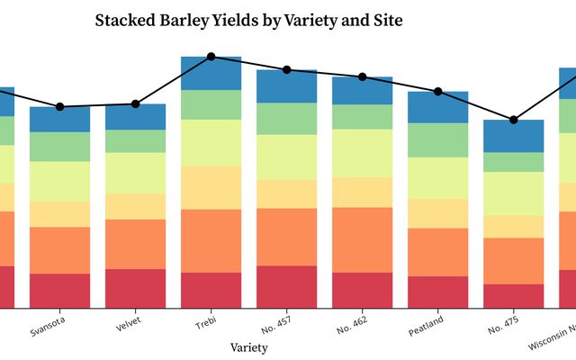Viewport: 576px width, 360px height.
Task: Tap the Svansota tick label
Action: tap(57, 321)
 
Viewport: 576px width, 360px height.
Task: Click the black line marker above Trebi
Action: tap(211, 57)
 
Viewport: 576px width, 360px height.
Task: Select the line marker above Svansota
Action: tap(60, 106)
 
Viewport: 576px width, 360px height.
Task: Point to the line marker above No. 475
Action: tap(514, 120)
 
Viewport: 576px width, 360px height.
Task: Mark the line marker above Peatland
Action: tap(438, 91)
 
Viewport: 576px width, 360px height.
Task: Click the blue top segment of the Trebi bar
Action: tap(211, 74)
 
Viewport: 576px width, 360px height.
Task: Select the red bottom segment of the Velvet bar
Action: tap(136, 288)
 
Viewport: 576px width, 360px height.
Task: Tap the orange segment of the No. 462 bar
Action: tap(363, 239)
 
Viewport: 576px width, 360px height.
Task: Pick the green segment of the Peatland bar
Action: tap(438, 140)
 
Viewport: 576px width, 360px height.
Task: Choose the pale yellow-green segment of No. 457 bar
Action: tap(287, 157)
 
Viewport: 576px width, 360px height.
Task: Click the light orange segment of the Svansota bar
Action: tap(60, 214)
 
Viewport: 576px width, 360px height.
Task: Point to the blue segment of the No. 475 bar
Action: tap(514, 136)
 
